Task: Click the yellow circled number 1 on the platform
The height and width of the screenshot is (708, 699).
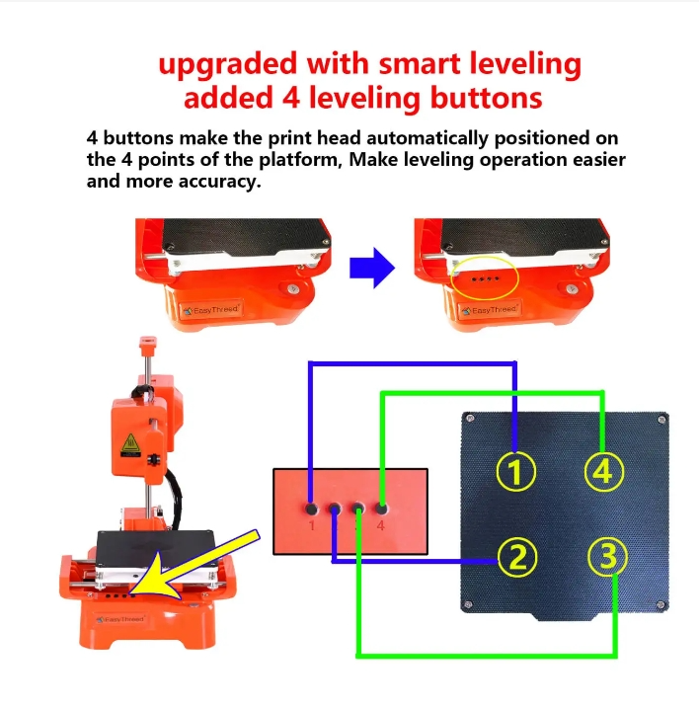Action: click(516, 471)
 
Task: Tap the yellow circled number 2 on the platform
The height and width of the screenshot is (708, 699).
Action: click(517, 557)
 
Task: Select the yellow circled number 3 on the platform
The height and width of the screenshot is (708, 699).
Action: click(608, 556)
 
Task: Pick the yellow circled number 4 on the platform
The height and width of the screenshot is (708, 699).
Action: click(604, 471)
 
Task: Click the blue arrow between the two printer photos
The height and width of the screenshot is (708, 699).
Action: click(372, 268)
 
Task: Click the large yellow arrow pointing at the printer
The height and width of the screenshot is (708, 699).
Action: click(194, 567)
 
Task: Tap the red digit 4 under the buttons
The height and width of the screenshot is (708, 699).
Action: click(381, 525)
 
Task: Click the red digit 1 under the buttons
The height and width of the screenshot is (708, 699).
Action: click(312, 525)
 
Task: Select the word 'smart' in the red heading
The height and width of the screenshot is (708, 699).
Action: click(420, 63)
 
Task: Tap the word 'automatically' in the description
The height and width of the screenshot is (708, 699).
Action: click(427, 138)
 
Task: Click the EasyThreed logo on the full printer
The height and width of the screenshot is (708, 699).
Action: click(120, 619)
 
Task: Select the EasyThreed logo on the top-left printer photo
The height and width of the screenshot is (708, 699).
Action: click(211, 310)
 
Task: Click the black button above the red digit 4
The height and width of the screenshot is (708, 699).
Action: click(381, 510)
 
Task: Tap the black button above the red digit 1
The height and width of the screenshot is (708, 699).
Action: click(311, 510)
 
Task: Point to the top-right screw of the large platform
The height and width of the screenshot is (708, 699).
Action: click(661, 420)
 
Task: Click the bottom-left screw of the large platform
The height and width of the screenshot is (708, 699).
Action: click(469, 604)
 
